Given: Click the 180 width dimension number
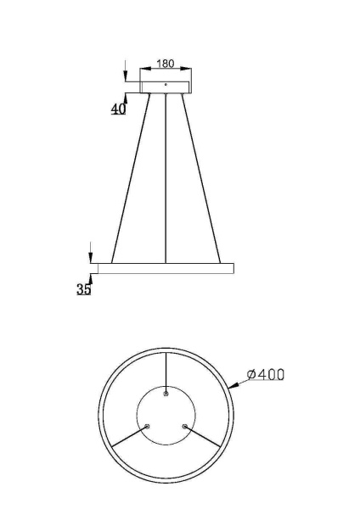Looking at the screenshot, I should click(166, 64).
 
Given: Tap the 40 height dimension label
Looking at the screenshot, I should click(118, 109).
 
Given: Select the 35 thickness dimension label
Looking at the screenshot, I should click(84, 288).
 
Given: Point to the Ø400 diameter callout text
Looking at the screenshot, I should click(265, 374).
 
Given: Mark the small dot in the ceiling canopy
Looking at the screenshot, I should click(166, 85).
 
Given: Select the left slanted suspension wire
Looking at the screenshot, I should click(131, 178).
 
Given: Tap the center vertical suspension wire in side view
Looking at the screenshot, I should click(166, 178).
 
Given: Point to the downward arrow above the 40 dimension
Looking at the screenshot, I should click(126, 71).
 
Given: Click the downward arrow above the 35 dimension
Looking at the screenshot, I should click(90, 253).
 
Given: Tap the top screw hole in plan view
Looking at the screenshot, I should click(166, 394).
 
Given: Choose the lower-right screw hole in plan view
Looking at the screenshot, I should click(184, 426).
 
